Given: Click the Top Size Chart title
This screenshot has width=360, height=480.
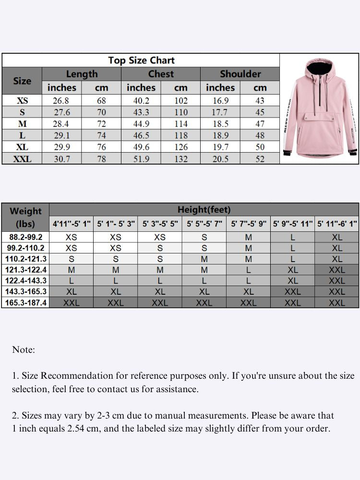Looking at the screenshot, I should click(141, 60).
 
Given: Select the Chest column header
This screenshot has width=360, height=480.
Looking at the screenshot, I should click(161, 74).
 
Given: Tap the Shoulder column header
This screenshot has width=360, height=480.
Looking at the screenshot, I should click(240, 74).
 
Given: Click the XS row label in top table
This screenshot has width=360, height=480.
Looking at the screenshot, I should click(22, 101).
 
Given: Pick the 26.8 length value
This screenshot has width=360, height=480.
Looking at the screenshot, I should click(61, 101).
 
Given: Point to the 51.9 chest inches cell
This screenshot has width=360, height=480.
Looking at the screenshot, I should click(141, 159).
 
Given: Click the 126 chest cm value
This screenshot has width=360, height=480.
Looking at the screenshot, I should click(180, 147).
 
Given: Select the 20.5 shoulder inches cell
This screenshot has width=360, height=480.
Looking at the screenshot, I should click(220, 159).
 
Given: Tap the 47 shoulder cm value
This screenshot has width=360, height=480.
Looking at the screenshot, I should click(260, 124).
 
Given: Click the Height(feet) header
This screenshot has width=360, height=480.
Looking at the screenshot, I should click(204, 210).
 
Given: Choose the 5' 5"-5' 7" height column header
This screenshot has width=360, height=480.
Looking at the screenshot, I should click(204, 224).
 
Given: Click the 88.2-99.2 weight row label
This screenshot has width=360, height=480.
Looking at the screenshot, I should click(26, 237).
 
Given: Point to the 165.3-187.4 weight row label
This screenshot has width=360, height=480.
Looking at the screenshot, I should click(26, 303).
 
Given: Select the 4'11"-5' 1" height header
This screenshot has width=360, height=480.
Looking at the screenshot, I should click(72, 224).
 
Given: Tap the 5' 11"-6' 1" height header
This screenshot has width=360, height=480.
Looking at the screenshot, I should click(337, 224).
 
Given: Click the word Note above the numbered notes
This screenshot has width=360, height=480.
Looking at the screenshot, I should click(24, 350).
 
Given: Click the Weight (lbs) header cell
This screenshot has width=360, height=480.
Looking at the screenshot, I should click(25, 217).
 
